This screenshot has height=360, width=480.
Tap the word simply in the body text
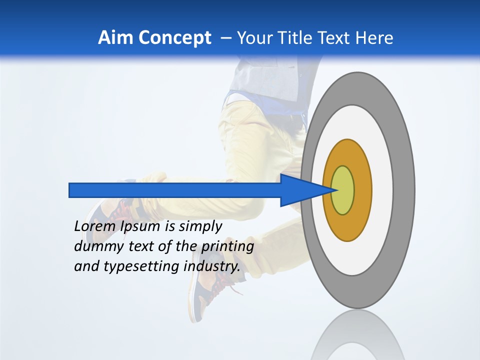(200, 226)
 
